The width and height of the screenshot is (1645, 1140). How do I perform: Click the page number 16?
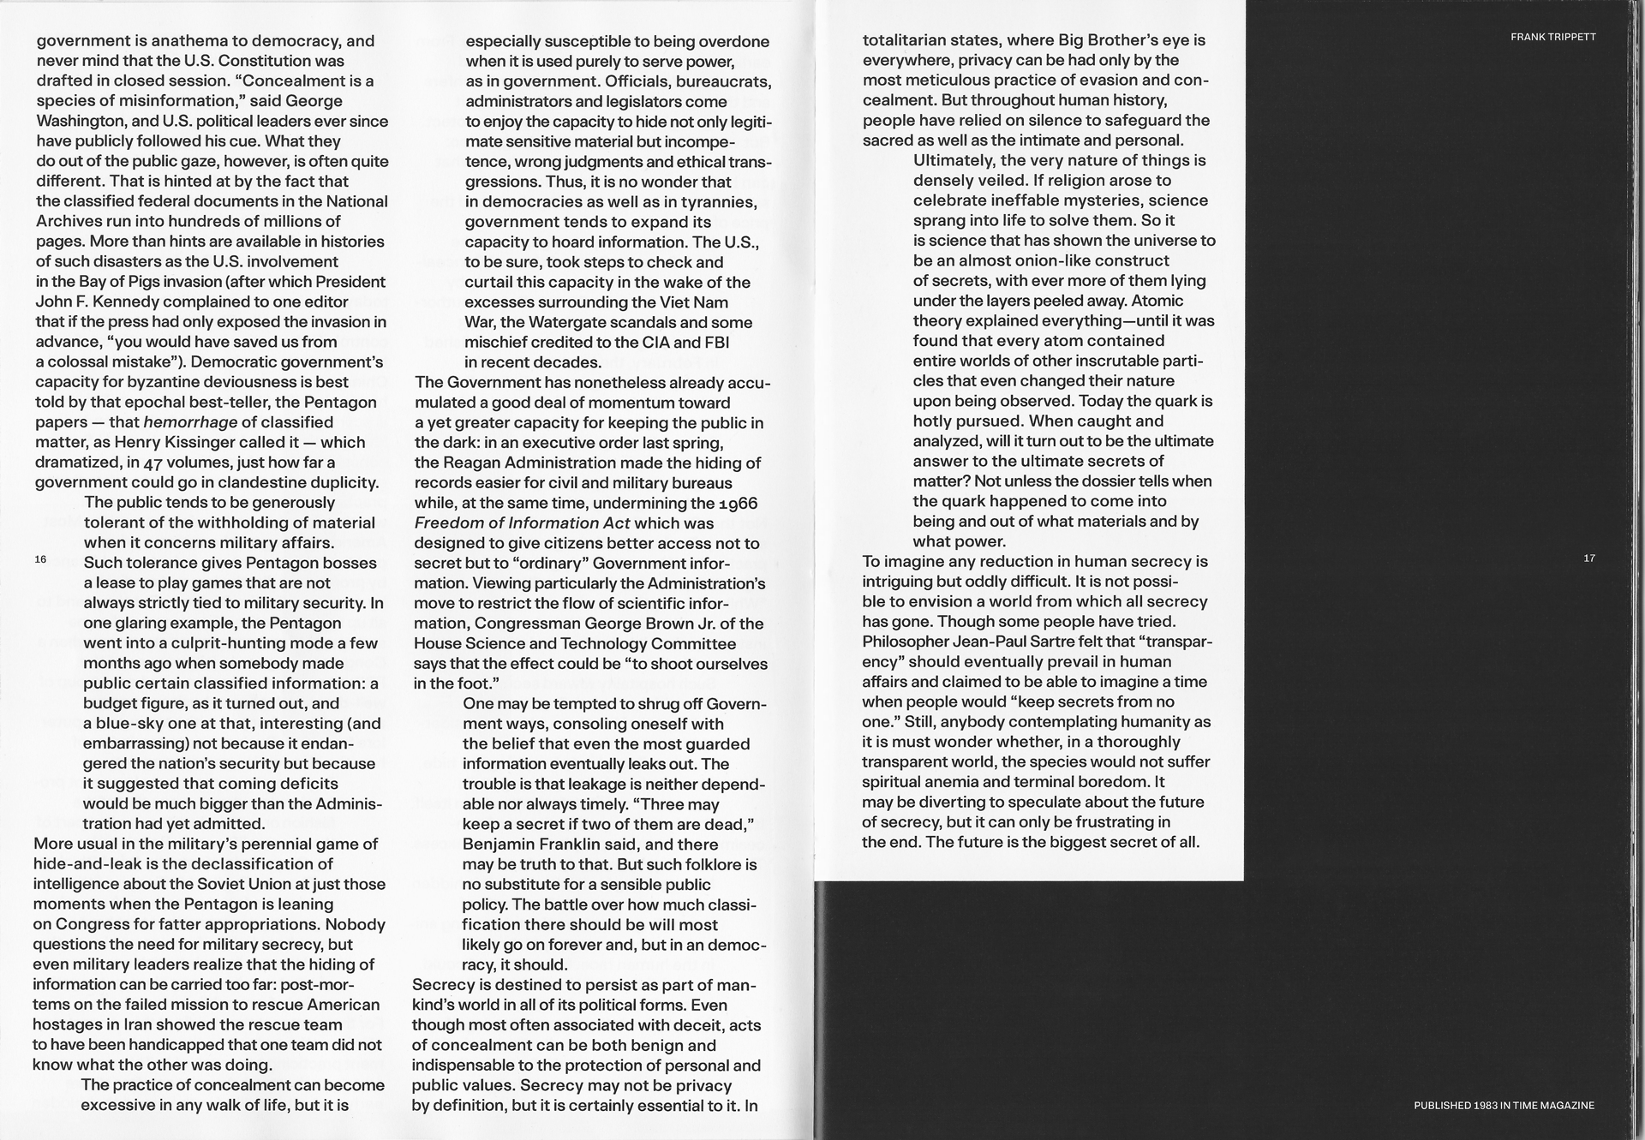(40, 559)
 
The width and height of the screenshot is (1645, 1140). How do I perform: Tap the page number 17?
(1589, 558)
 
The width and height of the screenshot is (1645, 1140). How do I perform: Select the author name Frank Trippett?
(1552, 37)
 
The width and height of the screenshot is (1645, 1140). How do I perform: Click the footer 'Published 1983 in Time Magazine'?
(1504, 1106)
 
